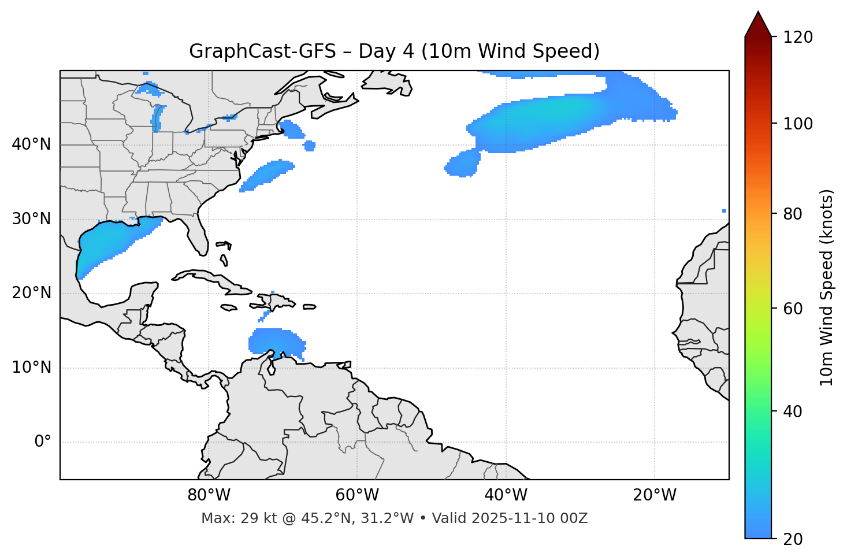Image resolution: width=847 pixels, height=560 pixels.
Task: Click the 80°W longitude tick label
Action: click(209, 495)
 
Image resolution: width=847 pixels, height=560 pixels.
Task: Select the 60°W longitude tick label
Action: click(357, 495)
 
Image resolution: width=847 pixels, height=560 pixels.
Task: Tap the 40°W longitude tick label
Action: click(506, 495)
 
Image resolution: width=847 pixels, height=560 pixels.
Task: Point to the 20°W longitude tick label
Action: click(654, 495)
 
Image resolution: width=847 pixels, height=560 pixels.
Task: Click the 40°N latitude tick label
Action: click(31, 144)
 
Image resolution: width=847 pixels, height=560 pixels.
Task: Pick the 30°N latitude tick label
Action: click(31, 219)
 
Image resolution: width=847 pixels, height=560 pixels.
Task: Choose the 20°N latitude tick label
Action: click(31, 293)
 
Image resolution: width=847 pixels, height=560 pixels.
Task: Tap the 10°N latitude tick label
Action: click(31, 368)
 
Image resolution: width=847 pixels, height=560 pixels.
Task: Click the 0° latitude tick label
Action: click(43, 442)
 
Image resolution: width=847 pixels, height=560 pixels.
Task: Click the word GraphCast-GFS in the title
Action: click(262, 51)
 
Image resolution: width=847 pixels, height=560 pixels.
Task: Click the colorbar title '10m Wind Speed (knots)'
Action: click(827, 287)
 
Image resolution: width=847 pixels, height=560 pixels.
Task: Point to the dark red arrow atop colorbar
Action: click(758, 24)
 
